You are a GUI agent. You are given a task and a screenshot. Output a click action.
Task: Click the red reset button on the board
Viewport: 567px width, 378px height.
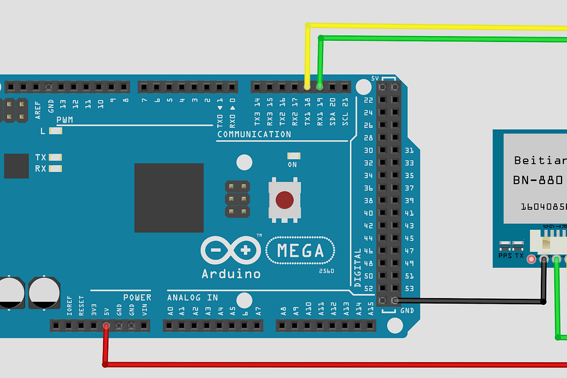click(284, 200)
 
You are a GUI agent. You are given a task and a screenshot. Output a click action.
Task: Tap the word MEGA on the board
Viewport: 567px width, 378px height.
click(300, 251)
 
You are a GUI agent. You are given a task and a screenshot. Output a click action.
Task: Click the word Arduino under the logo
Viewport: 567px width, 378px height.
click(231, 274)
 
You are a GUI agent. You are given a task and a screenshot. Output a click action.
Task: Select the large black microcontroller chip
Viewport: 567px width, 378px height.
click(169, 198)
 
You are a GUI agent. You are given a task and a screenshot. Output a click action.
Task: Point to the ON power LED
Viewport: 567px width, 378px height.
click(293, 156)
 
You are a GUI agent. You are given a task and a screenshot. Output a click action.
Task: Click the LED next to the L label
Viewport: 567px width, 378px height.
click(55, 131)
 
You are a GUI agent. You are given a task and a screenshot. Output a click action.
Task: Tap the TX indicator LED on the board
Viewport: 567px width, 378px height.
click(55, 157)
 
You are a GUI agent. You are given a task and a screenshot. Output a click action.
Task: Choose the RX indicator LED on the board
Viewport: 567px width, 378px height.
click(55, 168)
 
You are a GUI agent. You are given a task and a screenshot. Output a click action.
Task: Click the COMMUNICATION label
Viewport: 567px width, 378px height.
click(254, 134)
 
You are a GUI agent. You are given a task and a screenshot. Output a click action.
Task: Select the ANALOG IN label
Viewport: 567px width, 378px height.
click(192, 298)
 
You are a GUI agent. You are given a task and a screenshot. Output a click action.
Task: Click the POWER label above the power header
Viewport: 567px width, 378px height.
click(137, 298)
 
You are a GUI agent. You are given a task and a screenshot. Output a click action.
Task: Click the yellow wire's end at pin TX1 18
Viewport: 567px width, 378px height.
click(307, 87)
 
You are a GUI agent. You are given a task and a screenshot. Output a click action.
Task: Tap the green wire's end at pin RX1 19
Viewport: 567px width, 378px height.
click(320, 87)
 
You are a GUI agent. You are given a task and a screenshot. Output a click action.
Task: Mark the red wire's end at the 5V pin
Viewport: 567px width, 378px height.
click(106, 326)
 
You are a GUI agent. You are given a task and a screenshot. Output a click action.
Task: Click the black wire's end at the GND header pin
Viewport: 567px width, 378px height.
click(395, 300)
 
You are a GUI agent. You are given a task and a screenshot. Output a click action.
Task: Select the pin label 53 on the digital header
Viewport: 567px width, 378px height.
click(409, 288)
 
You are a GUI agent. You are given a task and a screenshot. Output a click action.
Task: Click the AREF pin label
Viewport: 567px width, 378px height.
click(38, 108)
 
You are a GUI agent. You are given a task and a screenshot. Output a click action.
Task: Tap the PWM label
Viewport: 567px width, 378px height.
click(65, 120)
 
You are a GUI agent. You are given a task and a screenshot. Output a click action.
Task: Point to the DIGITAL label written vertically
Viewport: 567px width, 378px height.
click(358, 268)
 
